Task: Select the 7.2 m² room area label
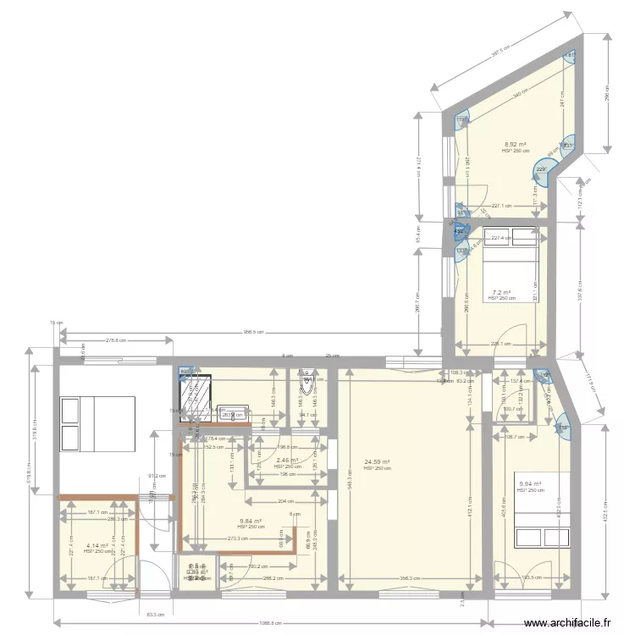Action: [x=501, y=292]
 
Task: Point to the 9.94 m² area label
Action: [x=530, y=484]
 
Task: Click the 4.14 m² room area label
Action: [x=97, y=546]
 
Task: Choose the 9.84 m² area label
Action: [x=251, y=522]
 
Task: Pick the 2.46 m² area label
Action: [x=287, y=461]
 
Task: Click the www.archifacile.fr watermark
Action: [x=566, y=623]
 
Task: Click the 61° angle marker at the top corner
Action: [x=571, y=56]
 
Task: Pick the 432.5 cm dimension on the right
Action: [x=605, y=514]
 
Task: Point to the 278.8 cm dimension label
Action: [x=116, y=341]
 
